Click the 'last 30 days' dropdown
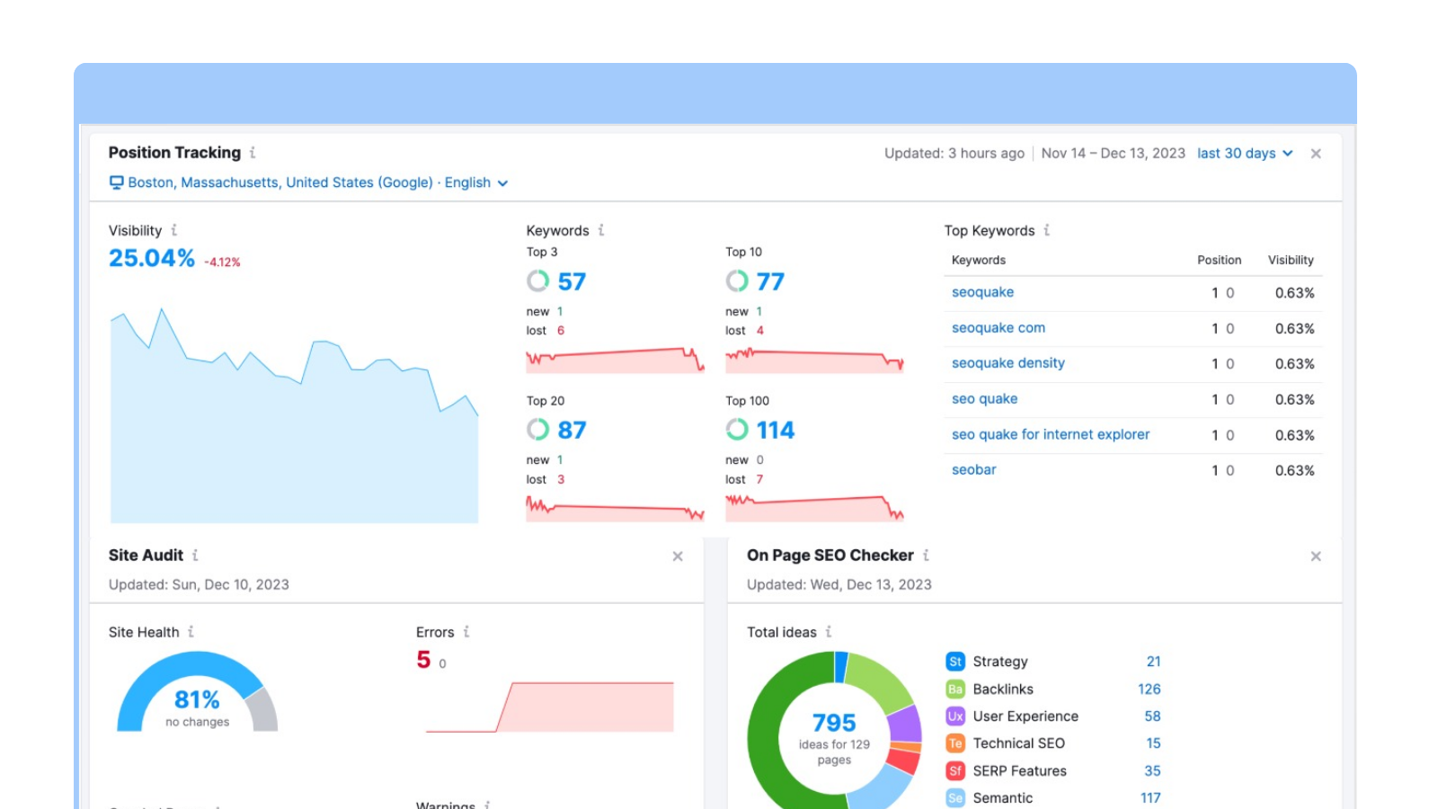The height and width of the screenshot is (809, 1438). pos(1244,154)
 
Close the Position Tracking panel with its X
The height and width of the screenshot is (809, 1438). pos(1316,154)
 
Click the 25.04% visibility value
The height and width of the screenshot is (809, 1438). pos(152,259)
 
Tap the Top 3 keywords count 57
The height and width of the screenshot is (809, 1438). pos(572,282)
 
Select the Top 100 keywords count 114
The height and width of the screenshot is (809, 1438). pos(775,431)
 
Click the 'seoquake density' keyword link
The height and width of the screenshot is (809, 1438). pos(1007,363)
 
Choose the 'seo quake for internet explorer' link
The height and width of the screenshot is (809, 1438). pos(1050,434)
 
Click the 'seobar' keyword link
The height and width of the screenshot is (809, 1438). pos(973,470)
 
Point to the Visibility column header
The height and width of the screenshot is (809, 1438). pos(1291,260)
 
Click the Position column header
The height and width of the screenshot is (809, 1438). pos(1219,260)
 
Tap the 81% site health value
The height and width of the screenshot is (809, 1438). pos(197,699)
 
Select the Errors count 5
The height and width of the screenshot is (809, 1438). pos(423,660)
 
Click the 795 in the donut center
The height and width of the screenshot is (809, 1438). pos(834,723)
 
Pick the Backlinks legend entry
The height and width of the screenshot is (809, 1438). pos(1002,689)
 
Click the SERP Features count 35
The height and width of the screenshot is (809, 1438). pos(1152,771)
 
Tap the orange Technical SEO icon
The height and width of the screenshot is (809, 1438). pos(955,743)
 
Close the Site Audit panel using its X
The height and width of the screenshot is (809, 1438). pos(678,556)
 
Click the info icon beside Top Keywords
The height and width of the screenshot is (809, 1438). pos(1047,230)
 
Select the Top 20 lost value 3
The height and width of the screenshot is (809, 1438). pos(561,480)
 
